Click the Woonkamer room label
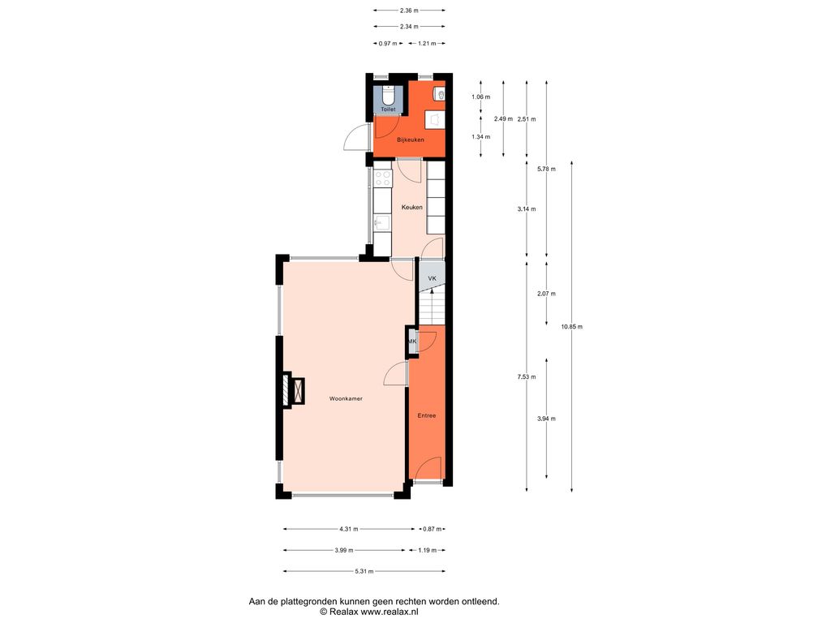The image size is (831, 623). pos(346,399)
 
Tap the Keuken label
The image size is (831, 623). pos(411,207)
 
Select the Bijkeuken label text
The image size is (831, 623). pos(410,140)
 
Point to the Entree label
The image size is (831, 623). pos(427,416)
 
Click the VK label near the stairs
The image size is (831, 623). pos(432,278)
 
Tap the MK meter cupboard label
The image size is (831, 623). pos(412,342)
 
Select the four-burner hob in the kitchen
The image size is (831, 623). pos(383,178)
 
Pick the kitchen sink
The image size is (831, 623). pos(381,222)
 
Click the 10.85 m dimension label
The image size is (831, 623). pos(572,327)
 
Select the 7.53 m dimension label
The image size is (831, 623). pos(526,377)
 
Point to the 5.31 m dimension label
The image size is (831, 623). pos(364,572)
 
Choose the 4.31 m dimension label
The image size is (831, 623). pos(349,529)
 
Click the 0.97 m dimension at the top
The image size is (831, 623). pos(387,44)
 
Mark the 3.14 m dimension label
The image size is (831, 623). pos(526,209)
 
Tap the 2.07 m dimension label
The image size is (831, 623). pos(546,294)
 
